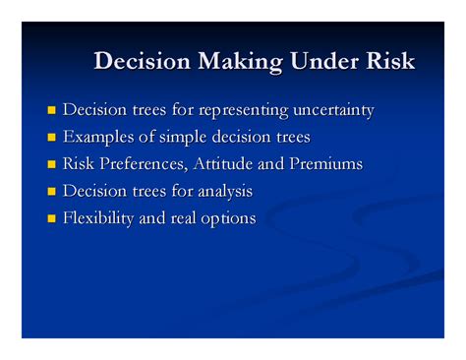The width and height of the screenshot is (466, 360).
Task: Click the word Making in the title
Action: (238, 62)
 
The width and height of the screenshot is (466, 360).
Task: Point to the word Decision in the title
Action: (142, 62)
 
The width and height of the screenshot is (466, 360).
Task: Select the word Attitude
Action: (227, 163)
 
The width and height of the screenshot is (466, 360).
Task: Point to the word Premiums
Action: (323, 163)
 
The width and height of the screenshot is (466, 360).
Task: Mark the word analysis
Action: (223, 190)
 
